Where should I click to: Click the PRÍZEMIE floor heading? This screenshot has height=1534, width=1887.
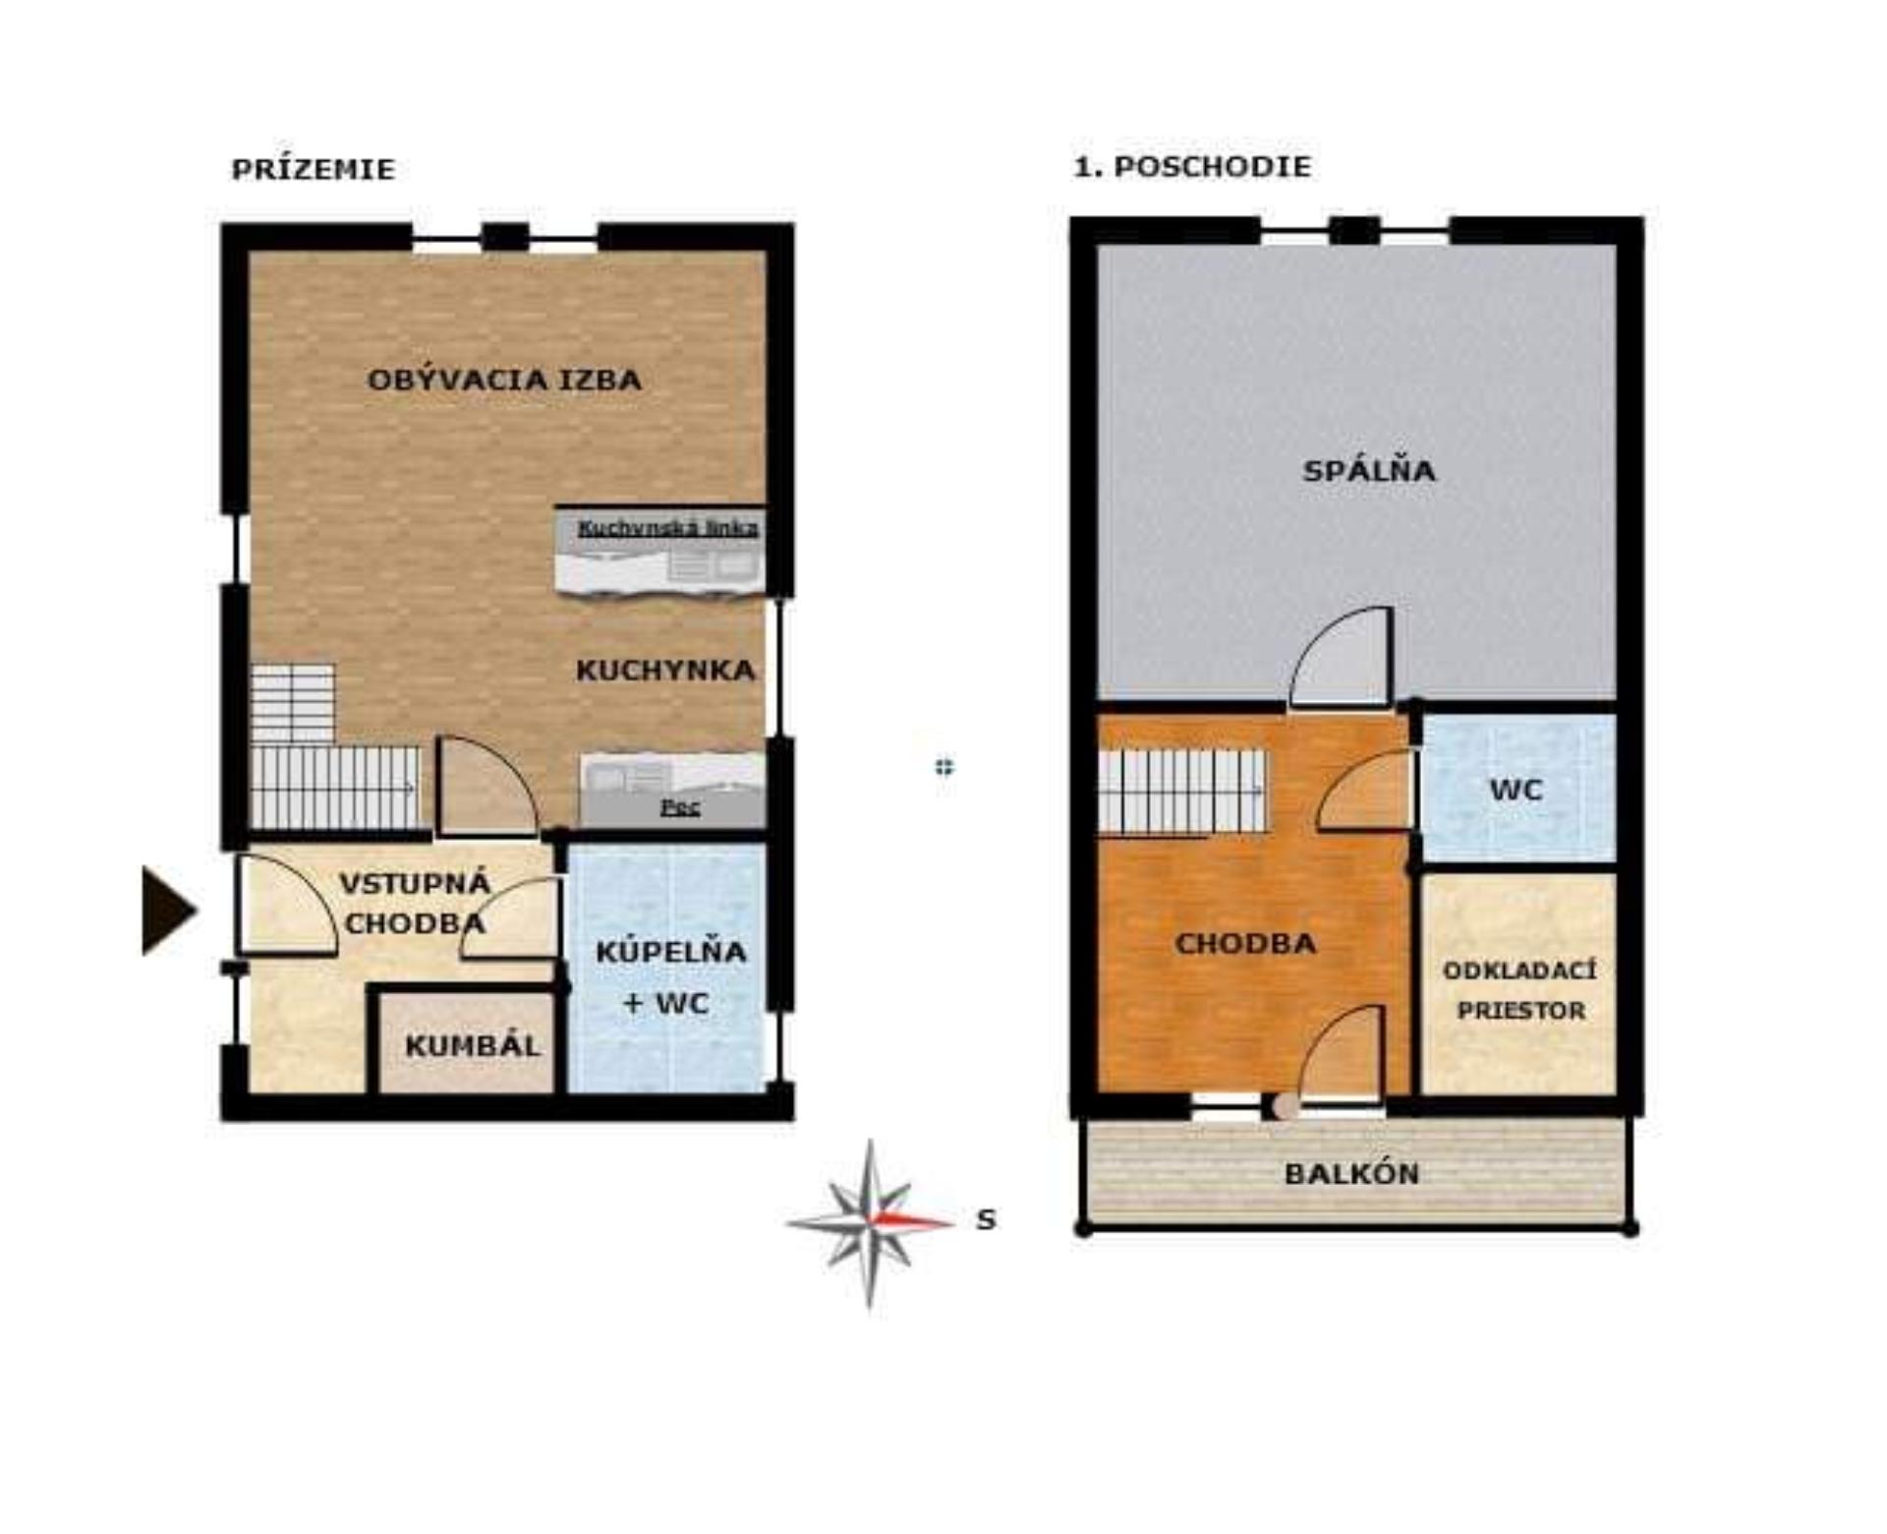pos(313,169)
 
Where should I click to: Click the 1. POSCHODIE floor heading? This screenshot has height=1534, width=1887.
pos(1192,166)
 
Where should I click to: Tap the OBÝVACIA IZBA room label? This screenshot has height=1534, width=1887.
pos(504,380)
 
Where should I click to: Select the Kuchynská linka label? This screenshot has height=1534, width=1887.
pos(668,528)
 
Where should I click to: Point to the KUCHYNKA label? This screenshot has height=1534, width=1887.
pos(665,671)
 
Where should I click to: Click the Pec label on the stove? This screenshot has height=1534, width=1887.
pos(680,807)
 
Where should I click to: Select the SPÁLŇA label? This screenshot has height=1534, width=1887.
pos(1369,470)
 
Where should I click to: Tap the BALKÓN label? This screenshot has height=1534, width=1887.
pos(1352,1173)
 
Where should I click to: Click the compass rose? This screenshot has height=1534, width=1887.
pos(871,1223)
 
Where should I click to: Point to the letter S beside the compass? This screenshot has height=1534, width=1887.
pos(986,1220)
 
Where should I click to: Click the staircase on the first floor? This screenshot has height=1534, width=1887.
pos(1181,793)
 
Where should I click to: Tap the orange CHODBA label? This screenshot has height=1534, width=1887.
pos(1245,944)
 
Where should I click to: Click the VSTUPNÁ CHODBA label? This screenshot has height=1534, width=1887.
pos(415,904)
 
